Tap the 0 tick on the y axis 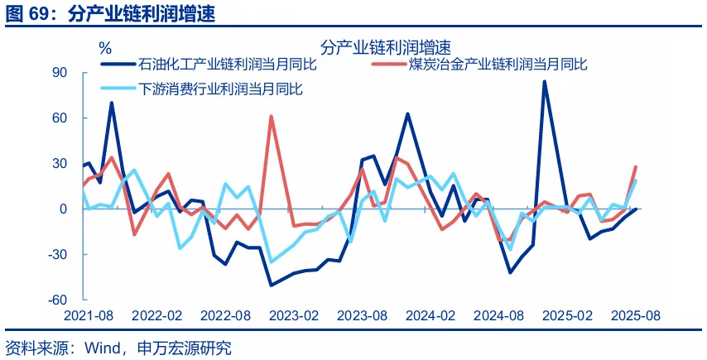[62, 209]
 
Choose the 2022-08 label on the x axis [225, 316]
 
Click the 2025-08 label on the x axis [635, 316]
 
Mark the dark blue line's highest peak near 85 [544, 81]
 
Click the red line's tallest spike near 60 [271, 117]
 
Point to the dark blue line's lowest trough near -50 [271, 285]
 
